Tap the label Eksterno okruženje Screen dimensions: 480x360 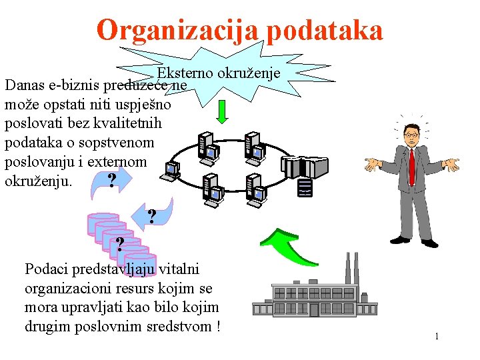(x=219, y=73)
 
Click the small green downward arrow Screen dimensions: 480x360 (x=223, y=111)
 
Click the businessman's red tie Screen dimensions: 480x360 (x=412, y=166)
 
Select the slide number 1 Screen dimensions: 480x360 (x=437, y=337)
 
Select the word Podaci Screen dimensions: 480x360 (x=45, y=269)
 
